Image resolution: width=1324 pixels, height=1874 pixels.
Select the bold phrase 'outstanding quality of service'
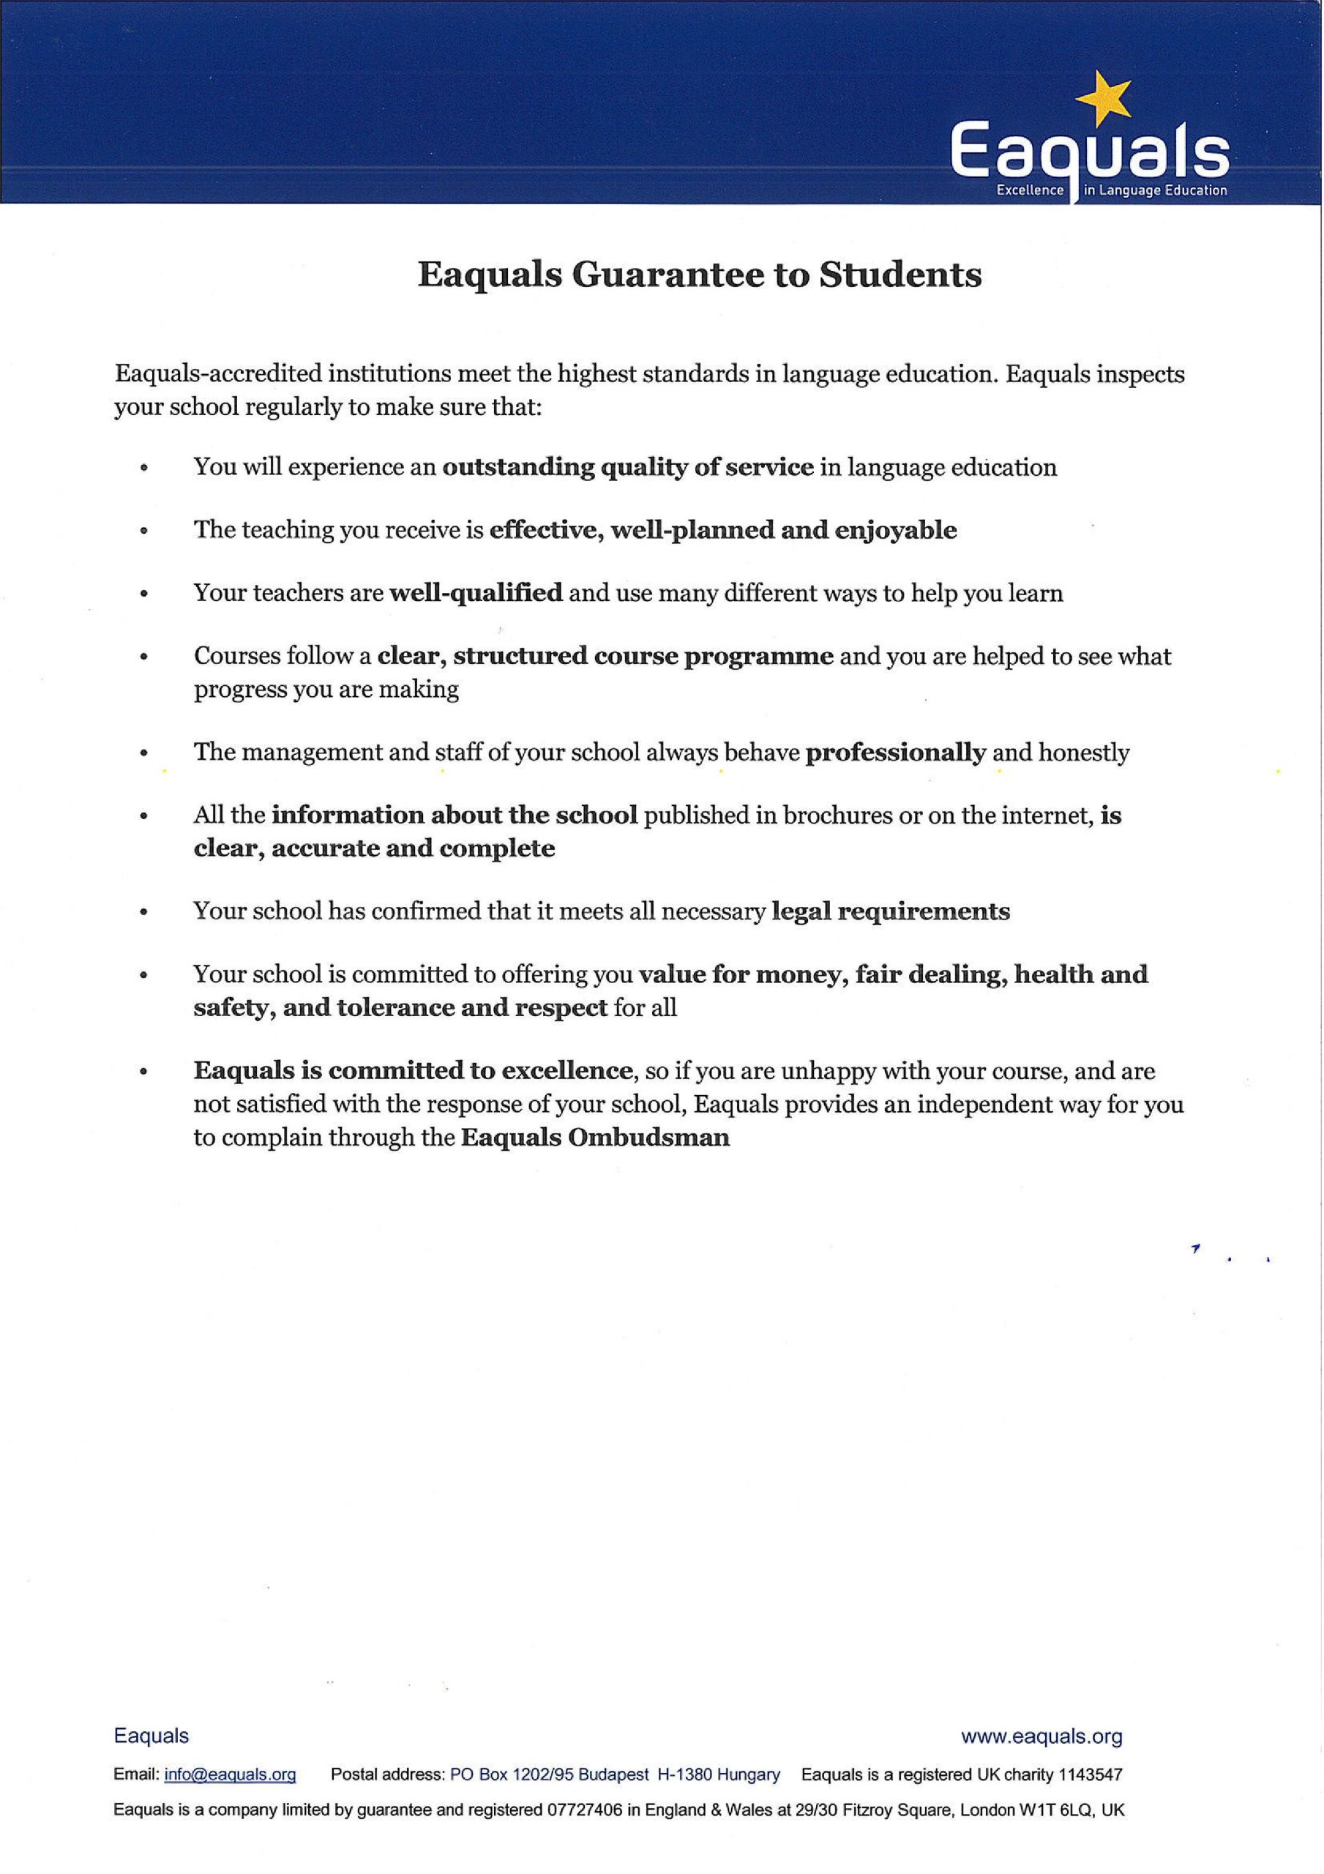click(628, 467)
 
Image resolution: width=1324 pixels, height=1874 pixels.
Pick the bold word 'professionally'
click(895, 752)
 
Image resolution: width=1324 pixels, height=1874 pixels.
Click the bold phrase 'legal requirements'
click(891, 911)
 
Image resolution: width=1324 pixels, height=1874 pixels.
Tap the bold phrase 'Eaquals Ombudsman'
click(595, 1138)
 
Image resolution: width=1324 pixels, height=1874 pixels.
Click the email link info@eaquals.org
click(231, 1774)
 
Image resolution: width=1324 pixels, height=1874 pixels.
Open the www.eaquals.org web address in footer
click(1041, 1736)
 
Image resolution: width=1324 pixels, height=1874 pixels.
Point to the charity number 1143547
click(1090, 1774)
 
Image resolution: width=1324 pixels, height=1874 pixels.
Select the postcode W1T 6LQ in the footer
click(1051, 1810)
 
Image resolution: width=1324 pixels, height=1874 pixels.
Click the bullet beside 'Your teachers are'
click(143, 594)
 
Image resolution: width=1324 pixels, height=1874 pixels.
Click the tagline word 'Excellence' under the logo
click(1030, 190)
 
